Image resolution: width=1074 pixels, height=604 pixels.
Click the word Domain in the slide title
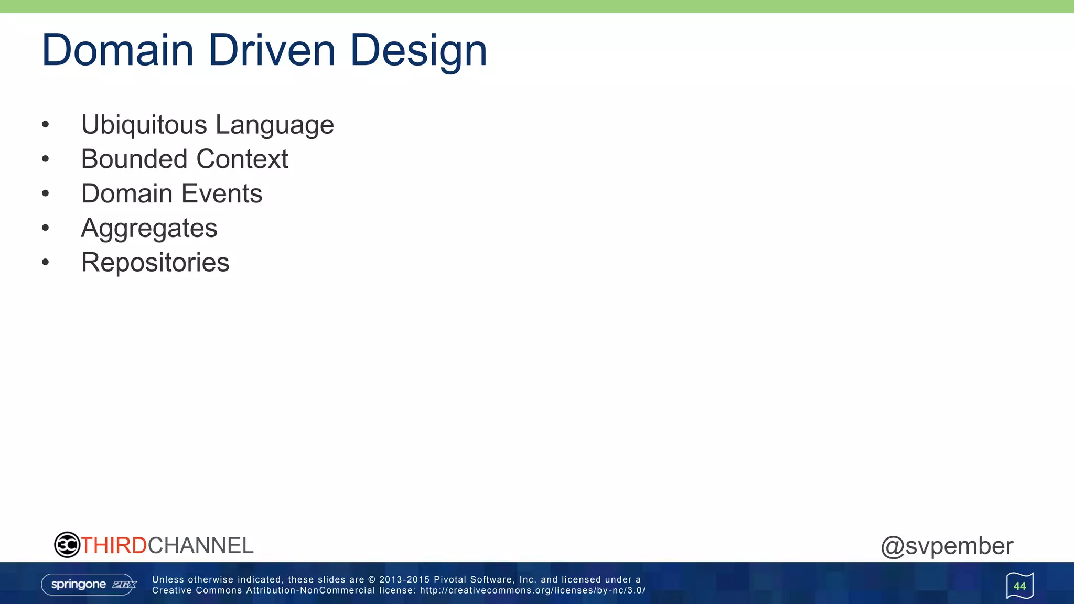tap(118, 50)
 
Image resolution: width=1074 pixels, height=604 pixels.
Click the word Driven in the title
tap(272, 50)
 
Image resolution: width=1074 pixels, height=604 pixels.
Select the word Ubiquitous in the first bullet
tap(144, 125)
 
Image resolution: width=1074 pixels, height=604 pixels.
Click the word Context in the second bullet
tap(242, 159)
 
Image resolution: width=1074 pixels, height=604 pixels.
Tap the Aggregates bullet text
tap(149, 229)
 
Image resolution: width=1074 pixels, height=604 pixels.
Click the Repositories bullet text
tap(155, 263)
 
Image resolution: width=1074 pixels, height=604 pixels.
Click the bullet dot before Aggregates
tap(46, 228)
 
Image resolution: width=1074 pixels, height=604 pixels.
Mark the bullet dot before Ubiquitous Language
tap(46, 125)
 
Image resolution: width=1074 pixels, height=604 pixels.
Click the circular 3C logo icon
tap(67, 545)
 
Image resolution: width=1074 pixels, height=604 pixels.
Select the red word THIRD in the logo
tap(114, 546)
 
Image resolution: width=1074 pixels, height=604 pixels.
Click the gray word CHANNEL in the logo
tap(200, 546)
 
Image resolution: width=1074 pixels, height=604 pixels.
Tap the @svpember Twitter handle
tap(947, 546)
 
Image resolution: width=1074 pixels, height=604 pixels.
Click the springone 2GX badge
tap(89, 585)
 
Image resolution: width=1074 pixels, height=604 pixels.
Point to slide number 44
tap(1019, 586)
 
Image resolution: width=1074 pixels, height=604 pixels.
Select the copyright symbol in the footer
tap(372, 580)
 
